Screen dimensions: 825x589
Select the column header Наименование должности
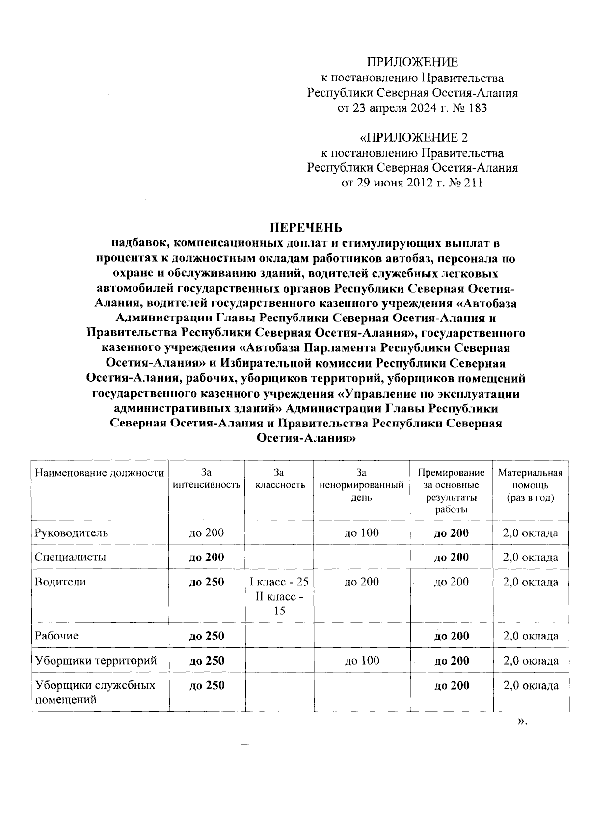pos(99,473)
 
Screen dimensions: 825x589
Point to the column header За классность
pos(280,479)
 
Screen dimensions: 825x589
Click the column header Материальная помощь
pos(530,485)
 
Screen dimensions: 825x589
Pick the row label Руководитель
pos(71,533)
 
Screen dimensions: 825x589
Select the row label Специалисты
pos(70,558)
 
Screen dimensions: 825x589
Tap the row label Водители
pos(60,582)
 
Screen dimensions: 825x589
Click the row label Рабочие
pos(57,636)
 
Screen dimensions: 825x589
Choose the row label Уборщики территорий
pos(96,661)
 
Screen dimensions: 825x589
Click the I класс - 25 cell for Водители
pos(279,582)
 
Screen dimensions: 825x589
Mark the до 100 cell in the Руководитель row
pos(362,533)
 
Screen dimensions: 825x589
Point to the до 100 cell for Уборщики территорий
pos(362,661)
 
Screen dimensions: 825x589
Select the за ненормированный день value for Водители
pos(362,582)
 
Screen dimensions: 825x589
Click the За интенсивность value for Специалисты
pos(207,558)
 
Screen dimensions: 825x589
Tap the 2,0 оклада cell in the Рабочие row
pos(531,636)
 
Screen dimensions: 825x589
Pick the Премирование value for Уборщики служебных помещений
pos(452,686)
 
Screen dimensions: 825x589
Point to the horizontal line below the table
pos(324,745)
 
